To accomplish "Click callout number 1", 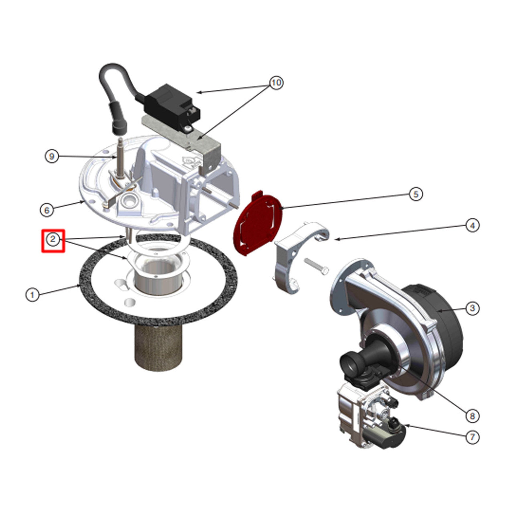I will [32, 295].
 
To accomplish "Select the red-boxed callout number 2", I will [53, 239].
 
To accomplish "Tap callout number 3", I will [472, 308].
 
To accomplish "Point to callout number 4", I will [472, 226].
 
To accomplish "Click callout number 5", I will [416, 194].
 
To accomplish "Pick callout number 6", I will [47, 210].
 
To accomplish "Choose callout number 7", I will [472, 437].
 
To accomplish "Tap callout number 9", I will [52, 156].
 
